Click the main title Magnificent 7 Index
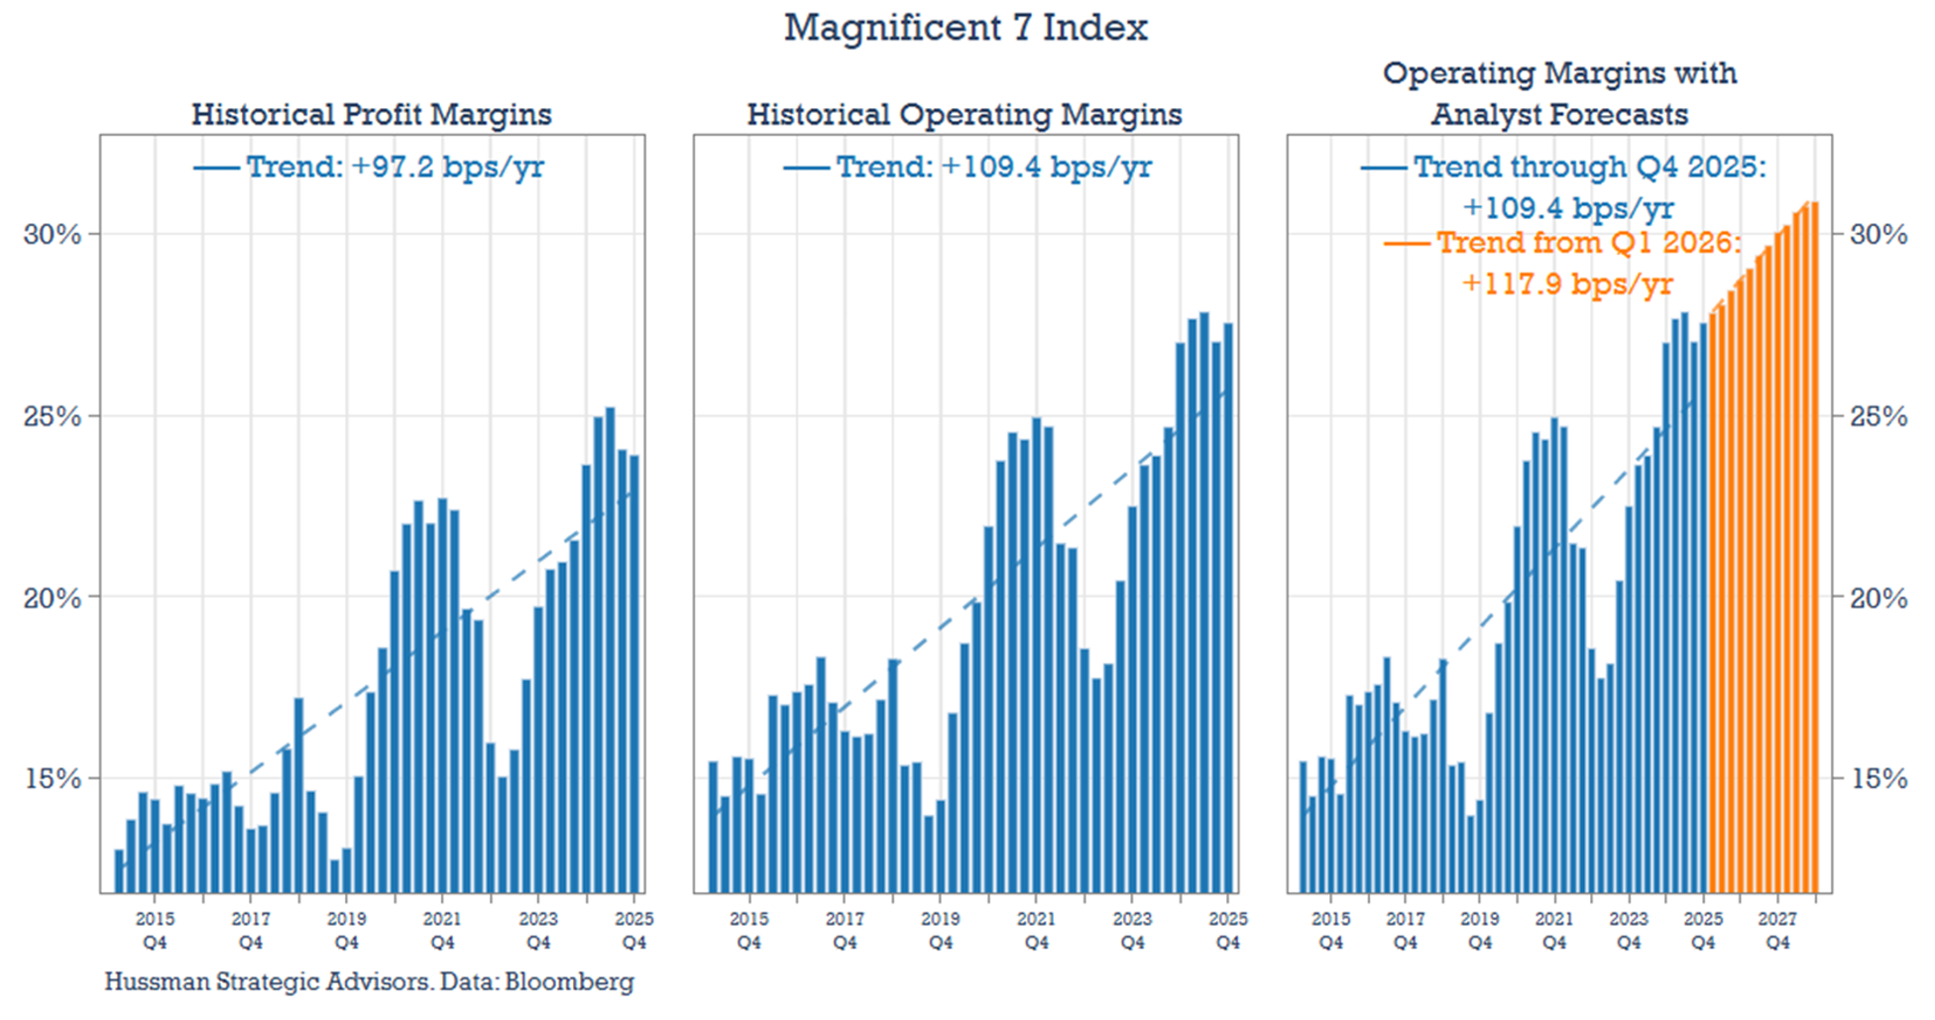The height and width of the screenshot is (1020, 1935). tap(966, 28)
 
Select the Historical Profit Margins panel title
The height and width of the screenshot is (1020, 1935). tap(371, 114)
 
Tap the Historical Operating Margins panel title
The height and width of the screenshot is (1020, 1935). tap(964, 114)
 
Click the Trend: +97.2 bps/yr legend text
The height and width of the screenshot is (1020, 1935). tap(394, 167)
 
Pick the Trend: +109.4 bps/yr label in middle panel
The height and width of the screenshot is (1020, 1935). tap(992, 167)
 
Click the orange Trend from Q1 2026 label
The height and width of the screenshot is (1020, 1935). tap(1588, 242)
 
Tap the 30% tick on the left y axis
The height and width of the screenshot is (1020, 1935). tap(52, 234)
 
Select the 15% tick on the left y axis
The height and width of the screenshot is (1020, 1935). tap(52, 778)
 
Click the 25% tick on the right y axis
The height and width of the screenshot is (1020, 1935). tap(1878, 415)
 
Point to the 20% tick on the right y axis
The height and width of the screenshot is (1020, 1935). tap(1878, 597)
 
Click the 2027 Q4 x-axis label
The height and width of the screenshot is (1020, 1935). tap(1777, 930)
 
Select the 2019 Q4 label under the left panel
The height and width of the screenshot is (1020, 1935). tap(346, 930)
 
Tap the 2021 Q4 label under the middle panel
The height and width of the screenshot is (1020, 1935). tap(1036, 930)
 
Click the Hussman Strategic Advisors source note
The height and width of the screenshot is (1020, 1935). tap(369, 981)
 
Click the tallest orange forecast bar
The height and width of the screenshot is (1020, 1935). tap(1814, 545)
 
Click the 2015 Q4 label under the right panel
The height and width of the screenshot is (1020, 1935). tap(1330, 930)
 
